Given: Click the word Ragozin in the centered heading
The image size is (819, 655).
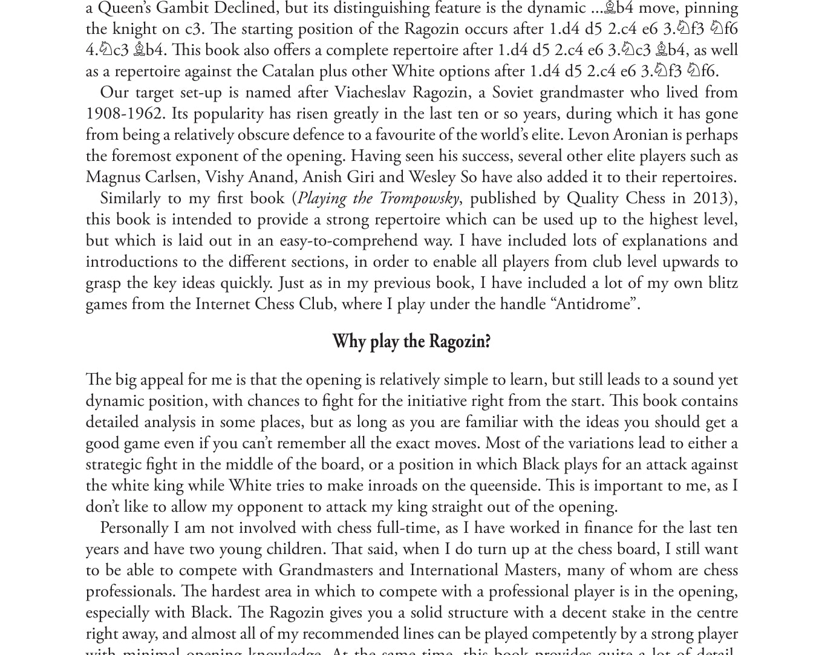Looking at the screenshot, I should click(x=459, y=342).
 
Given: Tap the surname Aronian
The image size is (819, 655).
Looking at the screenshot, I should click(x=638, y=135).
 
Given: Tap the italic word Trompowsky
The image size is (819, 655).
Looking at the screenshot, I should click(x=419, y=198).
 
